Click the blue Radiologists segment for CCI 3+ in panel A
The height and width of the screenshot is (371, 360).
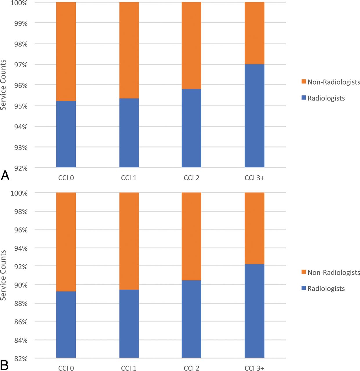254,116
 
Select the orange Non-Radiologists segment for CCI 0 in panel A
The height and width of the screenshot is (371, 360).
66,52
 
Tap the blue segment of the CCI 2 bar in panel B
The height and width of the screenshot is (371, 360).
191,319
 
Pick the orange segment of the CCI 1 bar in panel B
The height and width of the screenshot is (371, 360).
129,241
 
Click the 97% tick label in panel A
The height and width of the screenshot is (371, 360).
21,65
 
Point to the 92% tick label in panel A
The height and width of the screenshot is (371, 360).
21,168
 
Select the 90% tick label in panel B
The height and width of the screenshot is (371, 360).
21,285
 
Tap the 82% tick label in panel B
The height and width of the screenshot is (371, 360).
21,359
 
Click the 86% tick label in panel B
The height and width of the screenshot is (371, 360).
21,322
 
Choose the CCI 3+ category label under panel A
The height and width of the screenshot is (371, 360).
254,178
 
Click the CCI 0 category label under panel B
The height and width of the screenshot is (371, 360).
66,368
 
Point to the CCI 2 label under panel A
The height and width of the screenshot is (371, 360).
191,178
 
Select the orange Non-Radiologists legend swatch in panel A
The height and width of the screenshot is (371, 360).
303,82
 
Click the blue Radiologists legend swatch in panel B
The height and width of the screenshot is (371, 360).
303,288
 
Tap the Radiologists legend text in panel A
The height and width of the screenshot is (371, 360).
326,98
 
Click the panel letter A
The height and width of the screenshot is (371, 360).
5,176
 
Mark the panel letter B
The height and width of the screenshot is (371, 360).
4,365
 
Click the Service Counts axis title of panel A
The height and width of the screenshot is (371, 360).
3,85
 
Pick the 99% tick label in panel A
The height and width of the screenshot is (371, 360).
21,24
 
